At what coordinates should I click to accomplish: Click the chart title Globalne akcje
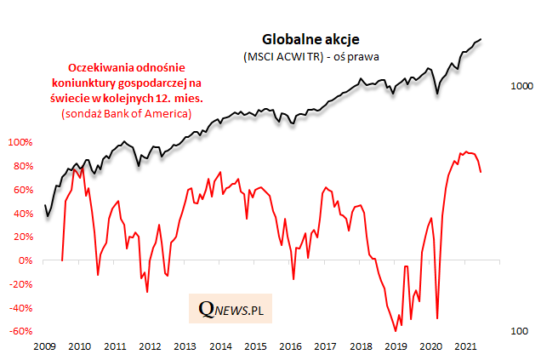[x=310, y=39]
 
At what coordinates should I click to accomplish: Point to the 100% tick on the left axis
[x=18, y=141]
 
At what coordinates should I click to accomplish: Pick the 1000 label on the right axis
[x=521, y=86]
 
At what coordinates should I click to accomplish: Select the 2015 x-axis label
[x=254, y=347]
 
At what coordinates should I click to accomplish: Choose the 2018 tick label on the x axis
[x=361, y=347]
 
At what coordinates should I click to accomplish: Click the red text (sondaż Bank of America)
[x=126, y=113]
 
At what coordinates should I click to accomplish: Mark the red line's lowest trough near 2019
[x=395, y=330]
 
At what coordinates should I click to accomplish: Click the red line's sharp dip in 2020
[x=437, y=318]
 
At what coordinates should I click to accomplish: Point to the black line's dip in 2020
[x=437, y=93]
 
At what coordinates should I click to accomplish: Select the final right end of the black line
[x=481, y=38]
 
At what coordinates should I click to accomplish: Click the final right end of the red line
[x=481, y=172]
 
